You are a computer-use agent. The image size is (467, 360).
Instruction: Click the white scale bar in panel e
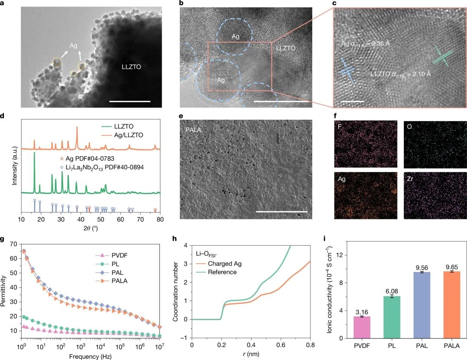click(x=281, y=212)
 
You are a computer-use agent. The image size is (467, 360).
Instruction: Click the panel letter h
click(x=174, y=238)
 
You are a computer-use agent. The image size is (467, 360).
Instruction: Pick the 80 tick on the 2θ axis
click(x=160, y=219)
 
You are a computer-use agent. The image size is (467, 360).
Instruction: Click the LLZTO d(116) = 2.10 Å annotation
click(x=401, y=74)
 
